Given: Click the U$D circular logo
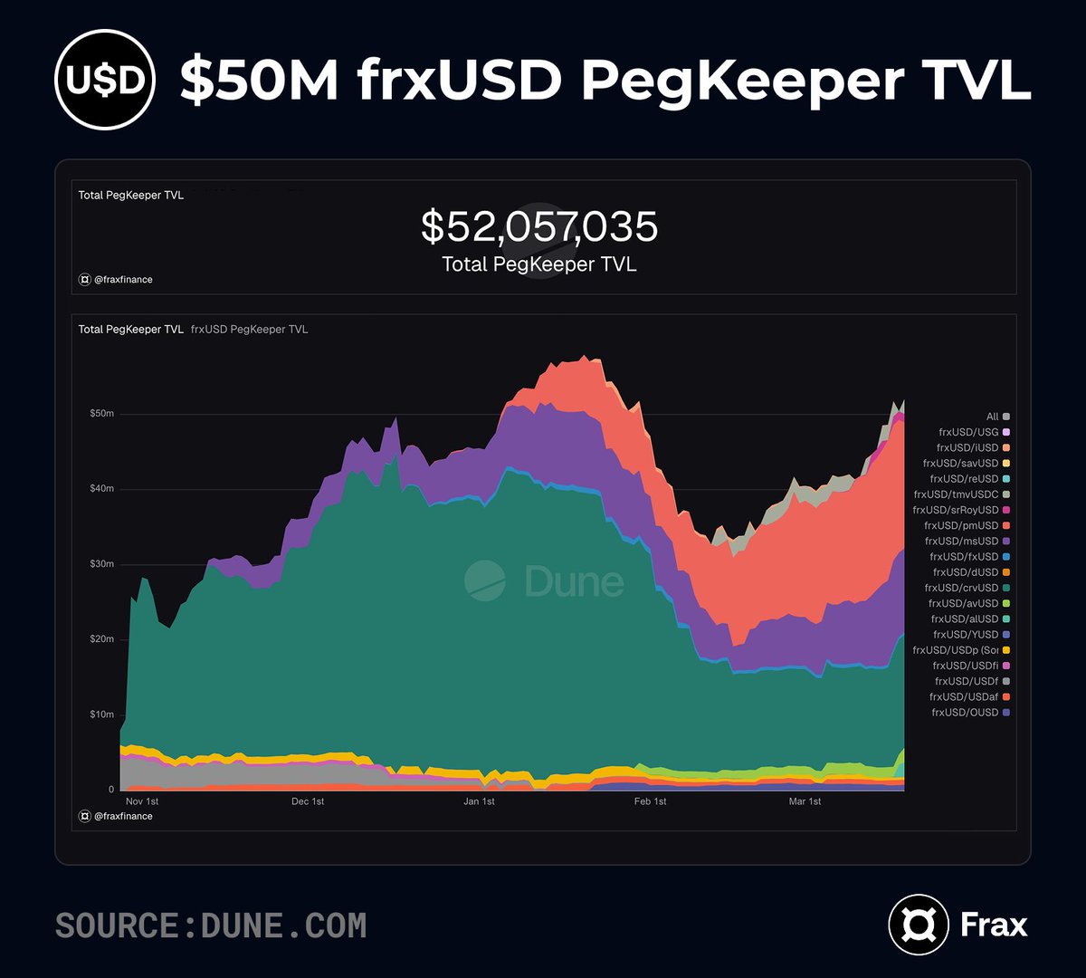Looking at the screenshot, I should click(x=105, y=81).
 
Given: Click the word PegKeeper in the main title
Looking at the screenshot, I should click(x=741, y=80).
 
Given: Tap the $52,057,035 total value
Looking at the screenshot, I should click(x=539, y=226).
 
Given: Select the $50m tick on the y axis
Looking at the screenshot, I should click(x=101, y=414).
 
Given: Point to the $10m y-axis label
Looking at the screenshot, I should click(x=101, y=714).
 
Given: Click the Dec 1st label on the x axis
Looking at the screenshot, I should click(x=307, y=801).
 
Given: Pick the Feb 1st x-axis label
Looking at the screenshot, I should click(x=650, y=801).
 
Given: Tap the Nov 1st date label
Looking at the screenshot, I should click(x=141, y=801).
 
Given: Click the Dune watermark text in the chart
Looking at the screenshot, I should click(x=574, y=581).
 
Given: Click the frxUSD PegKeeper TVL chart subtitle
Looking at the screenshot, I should click(x=249, y=330).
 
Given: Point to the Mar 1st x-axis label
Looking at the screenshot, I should click(x=805, y=801).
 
